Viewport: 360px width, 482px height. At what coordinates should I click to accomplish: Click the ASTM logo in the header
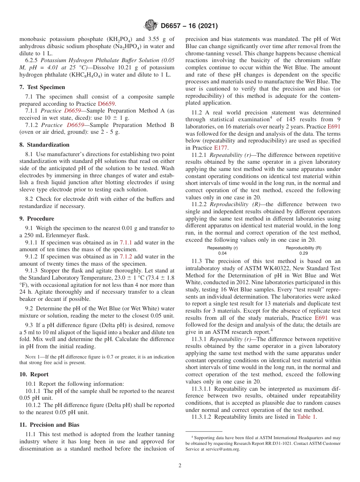pyautogui.click(x=152, y=26)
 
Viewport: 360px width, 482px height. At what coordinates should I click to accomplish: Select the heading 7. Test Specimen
pyautogui.click(x=42, y=87)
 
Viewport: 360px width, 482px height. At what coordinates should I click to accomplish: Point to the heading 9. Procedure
pyautogui.click(x=37, y=219)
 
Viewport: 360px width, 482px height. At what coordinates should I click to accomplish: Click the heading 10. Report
pyautogui.click(x=34, y=374)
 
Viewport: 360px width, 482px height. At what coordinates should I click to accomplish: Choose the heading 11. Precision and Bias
pyautogui.click(x=49, y=425)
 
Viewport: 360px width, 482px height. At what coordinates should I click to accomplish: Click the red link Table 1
pyautogui.click(x=307, y=417)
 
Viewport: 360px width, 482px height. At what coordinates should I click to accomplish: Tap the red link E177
pyautogui.click(x=221, y=148)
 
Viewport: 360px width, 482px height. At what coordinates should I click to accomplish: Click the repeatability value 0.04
pyautogui.click(x=222, y=253)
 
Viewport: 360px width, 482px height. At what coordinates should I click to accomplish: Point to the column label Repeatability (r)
pyautogui.click(x=222, y=248)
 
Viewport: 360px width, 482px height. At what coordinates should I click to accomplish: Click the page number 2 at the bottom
pyautogui.click(x=180, y=466)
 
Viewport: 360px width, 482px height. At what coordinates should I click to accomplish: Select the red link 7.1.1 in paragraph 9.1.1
pyautogui.click(x=126, y=243)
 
